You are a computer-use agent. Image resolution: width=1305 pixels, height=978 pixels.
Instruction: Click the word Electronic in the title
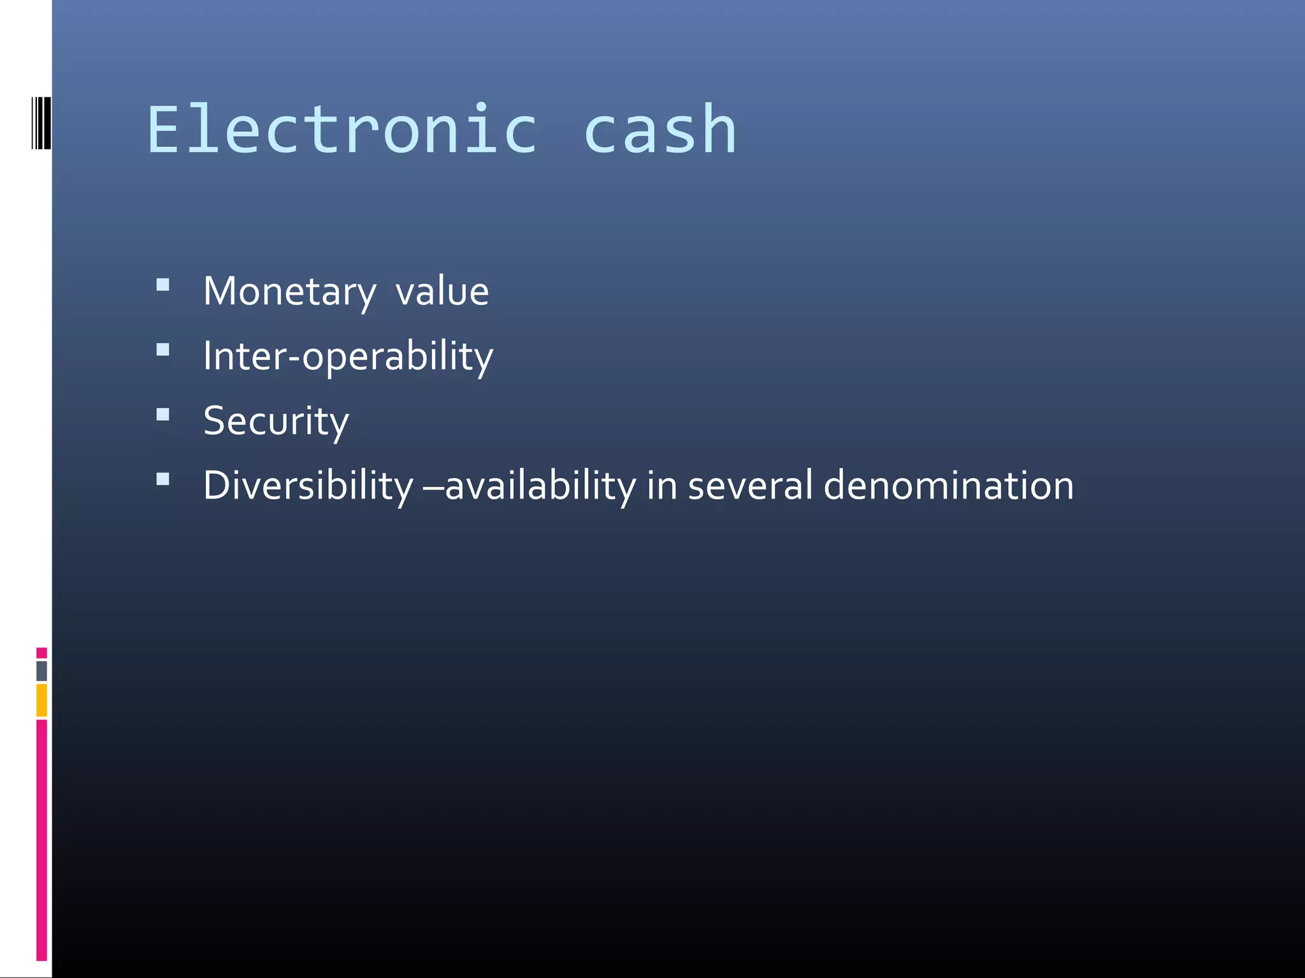[343, 131]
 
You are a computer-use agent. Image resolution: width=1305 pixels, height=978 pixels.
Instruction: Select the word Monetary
[290, 292]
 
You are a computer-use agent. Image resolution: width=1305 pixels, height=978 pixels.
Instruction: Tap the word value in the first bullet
[442, 292]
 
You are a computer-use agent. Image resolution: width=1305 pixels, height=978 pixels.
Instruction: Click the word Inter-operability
[348, 357]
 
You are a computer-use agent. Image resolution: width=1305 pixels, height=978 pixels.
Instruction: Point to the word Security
[276, 422]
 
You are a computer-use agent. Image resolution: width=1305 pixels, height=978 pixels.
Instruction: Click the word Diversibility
[308, 486]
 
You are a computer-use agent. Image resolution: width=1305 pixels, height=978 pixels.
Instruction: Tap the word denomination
[948, 486]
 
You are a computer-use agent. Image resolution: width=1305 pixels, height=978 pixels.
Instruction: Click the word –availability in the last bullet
[530, 486]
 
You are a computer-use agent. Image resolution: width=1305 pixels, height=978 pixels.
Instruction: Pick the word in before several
[661, 486]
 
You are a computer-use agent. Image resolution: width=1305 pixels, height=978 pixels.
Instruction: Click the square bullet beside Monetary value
[163, 285]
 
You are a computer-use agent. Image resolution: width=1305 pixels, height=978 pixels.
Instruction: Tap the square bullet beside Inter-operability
[163, 350]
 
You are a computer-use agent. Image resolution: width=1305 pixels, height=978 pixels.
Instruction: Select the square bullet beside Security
[163, 415]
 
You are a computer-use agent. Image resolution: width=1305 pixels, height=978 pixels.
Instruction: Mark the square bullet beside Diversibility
[163, 479]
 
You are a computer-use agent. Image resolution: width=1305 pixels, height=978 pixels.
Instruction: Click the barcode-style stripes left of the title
[41, 123]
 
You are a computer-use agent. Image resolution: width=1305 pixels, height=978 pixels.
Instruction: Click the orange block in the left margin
[41, 700]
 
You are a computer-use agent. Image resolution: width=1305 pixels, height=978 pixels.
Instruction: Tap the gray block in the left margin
[41, 670]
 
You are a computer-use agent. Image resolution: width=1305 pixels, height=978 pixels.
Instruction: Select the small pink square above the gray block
[41, 653]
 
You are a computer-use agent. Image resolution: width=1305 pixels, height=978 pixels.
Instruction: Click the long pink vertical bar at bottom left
[41, 839]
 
